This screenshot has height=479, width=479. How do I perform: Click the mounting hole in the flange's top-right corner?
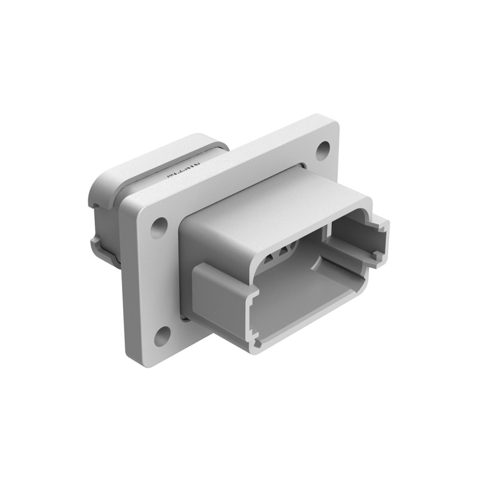323,148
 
